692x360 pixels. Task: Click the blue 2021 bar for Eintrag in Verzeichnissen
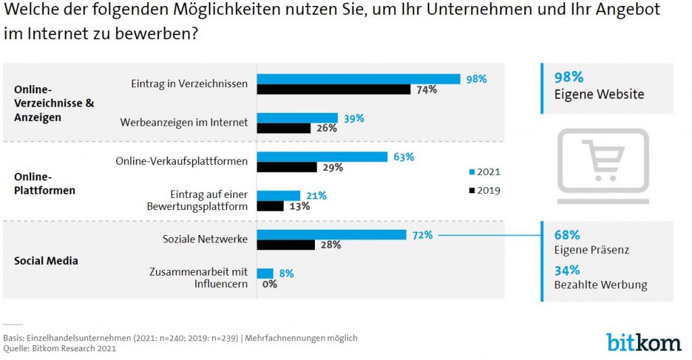tap(358, 79)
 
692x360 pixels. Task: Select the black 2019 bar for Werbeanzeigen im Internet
tap(284, 128)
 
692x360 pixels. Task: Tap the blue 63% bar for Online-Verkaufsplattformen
tap(322, 157)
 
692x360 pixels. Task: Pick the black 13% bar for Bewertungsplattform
tap(270, 206)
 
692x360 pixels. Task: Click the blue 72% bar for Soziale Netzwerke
tap(332, 234)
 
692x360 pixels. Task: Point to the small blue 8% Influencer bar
tap(265, 273)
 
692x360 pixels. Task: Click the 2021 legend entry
tap(484, 172)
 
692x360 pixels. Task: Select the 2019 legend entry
tap(484, 190)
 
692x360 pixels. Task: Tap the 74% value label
tap(426, 90)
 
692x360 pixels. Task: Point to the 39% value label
tap(353, 118)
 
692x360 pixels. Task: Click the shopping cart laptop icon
tap(603, 165)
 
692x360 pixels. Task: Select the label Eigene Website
tap(599, 95)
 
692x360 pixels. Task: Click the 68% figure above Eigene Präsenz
tap(567, 235)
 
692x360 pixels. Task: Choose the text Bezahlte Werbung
tap(601, 285)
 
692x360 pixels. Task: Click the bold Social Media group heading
tap(46, 261)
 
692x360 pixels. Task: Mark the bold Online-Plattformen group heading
tap(45, 183)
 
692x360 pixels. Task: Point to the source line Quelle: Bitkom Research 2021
tap(59, 349)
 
